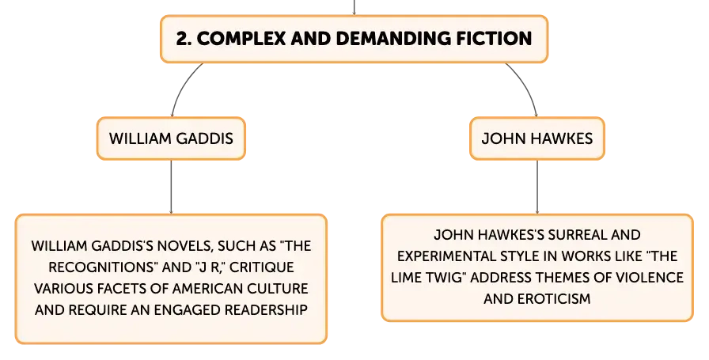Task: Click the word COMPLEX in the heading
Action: (x=241, y=39)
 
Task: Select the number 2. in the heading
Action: (x=184, y=39)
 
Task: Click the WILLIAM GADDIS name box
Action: (x=171, y=138)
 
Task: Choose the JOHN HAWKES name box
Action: (x=537, y=138)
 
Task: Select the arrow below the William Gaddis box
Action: (x=171, y=187)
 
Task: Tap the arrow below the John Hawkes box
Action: (x=537, y=187)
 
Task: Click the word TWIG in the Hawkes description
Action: (x=445, y=278)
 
